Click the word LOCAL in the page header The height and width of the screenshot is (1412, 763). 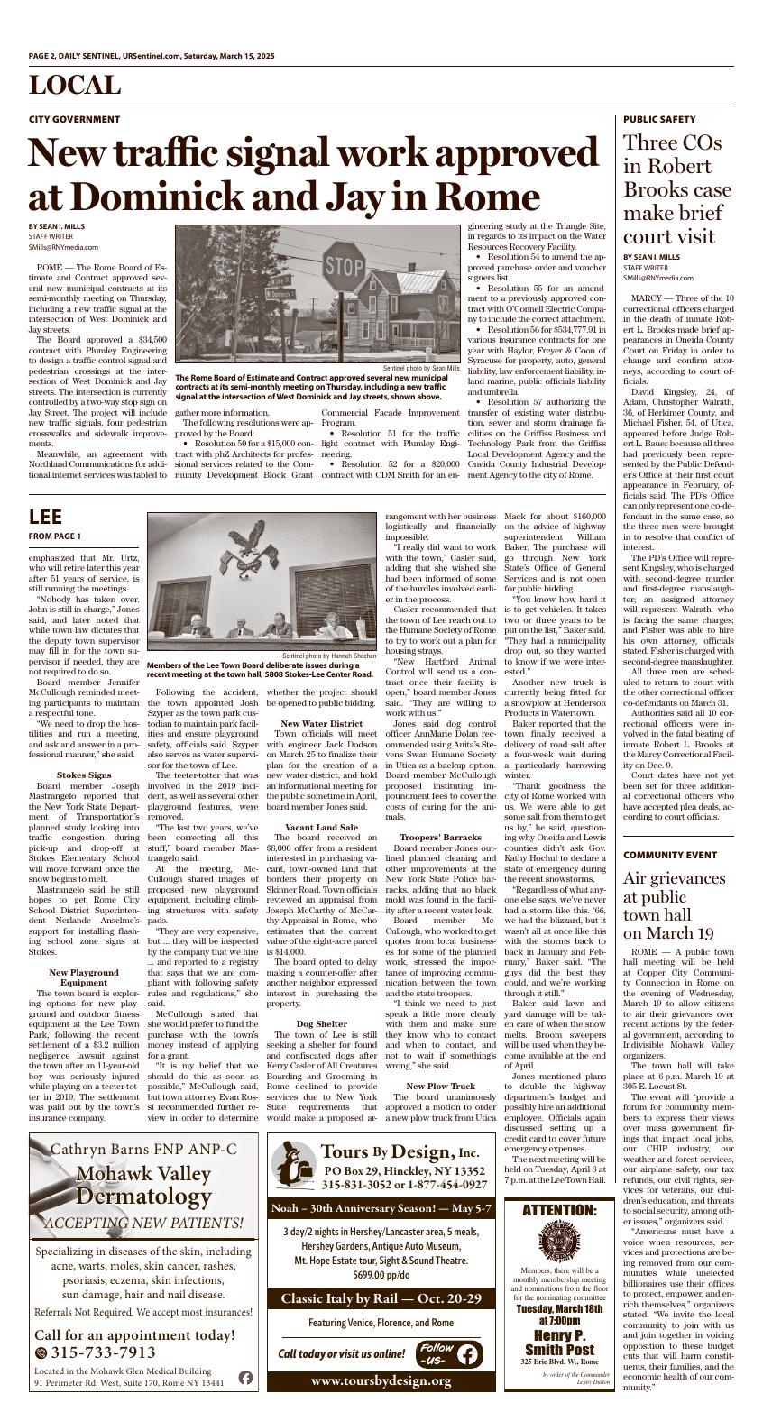point(74,86)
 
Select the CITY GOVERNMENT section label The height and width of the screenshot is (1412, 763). point(74,119)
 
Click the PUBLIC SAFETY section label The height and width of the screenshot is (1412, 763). point(659,119)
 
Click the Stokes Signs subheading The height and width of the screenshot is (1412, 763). point(84,775)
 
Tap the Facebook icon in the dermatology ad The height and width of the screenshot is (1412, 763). point(245,1378)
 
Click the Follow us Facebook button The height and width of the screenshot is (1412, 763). point(448,1354)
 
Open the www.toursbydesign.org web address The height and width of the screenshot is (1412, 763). point(380,1381)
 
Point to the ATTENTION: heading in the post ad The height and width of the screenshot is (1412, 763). point(559,1209)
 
